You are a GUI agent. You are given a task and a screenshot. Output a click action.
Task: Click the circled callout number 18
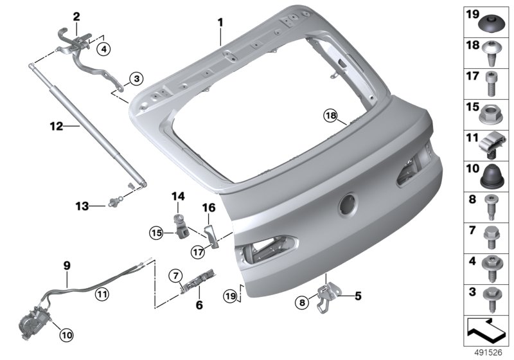click(x=331, y=116)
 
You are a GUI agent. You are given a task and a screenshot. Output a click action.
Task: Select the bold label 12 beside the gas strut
click(x=57, y=125)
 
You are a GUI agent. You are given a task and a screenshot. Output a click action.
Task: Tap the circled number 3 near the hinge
click(x=136, y=78)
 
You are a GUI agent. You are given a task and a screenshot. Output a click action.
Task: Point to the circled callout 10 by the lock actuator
click(x=66, y=335)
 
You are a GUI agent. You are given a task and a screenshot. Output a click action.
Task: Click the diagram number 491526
click(x=488, y=352)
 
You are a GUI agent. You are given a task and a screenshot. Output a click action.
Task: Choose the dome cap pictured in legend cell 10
click(x=491, y=177)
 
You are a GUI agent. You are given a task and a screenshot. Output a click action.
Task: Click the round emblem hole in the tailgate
click(x=348, y=204)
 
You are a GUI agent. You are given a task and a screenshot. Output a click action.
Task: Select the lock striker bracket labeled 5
click(x=326, y=297)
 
